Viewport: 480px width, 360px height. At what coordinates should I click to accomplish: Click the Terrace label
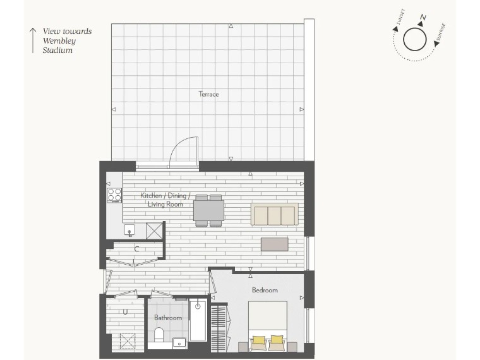208,94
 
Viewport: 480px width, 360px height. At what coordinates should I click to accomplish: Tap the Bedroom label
265,290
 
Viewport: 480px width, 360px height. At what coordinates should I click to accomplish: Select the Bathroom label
168,318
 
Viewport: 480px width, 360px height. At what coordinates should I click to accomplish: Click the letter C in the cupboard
136,249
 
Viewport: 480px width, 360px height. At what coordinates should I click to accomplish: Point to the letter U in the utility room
125,312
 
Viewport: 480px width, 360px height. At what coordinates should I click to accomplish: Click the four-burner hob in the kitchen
114,195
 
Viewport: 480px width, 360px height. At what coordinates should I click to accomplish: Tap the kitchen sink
129,230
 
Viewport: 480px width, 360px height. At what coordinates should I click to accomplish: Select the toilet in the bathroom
159,335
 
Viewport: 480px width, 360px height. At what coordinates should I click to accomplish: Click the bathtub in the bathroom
198,320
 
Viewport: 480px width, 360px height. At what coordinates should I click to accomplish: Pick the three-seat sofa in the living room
275,214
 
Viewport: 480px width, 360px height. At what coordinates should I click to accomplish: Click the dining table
208,210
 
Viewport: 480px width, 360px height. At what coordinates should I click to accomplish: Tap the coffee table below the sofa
275,244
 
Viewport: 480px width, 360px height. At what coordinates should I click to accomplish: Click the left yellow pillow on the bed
259,340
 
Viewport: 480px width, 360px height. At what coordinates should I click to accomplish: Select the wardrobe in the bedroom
219,328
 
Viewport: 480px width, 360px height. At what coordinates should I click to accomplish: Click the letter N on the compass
423,18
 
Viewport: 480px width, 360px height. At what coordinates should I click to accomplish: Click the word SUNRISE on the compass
440,32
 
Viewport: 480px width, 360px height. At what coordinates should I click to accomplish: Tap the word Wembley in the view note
59,41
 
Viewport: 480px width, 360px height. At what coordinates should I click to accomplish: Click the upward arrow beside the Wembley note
33,40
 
